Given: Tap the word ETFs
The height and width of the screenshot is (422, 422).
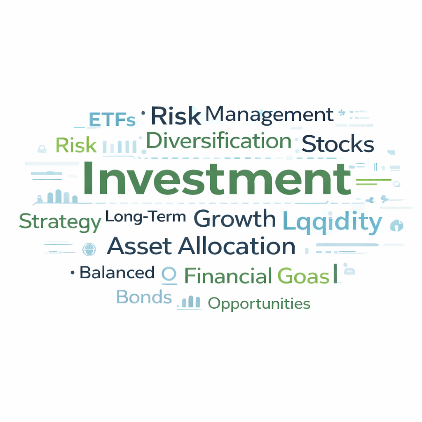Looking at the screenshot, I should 112,120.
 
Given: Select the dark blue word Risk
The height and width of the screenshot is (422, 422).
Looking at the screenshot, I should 176,116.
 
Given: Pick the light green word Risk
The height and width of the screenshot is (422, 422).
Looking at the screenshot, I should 76,145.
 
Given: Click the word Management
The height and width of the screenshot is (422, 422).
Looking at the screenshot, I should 269,115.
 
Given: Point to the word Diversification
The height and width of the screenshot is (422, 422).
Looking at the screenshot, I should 219,141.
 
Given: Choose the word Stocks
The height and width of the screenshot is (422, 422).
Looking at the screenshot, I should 338,145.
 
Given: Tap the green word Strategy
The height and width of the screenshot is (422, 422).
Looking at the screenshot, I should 60,222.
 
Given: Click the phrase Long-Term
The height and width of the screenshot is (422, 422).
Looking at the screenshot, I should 145,216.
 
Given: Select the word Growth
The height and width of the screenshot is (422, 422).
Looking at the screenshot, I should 234,219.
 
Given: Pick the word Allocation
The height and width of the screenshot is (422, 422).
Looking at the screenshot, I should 237,246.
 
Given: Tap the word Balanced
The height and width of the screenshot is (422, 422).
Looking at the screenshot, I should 117,272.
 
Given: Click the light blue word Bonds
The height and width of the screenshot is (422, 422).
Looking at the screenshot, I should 144,297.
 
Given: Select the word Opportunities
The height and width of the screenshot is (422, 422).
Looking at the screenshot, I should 259,304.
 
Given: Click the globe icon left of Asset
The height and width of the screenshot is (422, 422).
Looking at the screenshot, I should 89,249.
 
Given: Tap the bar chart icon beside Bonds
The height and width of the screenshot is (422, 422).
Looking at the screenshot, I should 191,302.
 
